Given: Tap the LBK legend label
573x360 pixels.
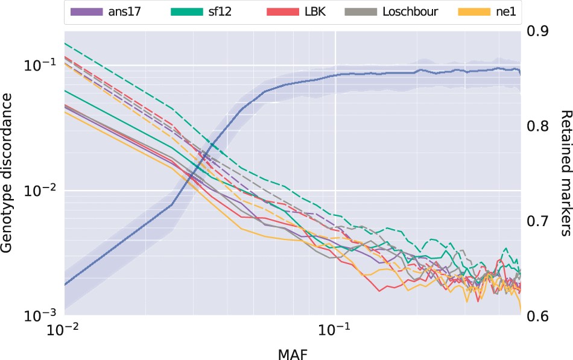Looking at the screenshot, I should (x=314, y=11).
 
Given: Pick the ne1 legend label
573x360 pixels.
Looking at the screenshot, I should (x=505, y=11).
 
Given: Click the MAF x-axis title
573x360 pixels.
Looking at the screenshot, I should (x=292, y=352).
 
